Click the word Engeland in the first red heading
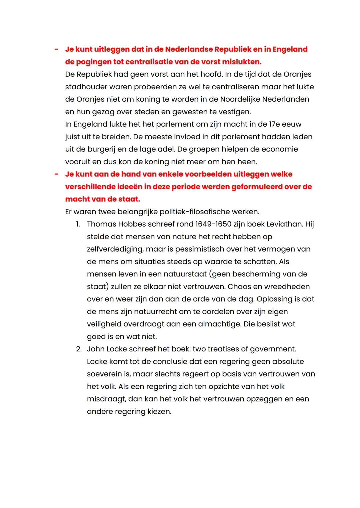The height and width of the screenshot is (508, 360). pos(290,49)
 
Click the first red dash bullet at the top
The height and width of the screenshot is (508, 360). pos(56,49)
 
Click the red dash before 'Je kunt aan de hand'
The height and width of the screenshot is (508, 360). pos(56,174)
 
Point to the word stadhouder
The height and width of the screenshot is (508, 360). pos(86,87)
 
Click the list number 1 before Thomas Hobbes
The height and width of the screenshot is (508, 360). pos(78,224)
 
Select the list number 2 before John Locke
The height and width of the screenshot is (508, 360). pos(79,349)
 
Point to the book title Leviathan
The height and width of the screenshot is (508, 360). pos(284,224)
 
